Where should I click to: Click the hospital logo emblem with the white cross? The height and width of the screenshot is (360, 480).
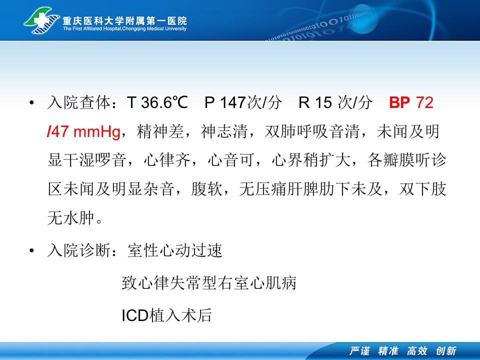click(x=41, y=21)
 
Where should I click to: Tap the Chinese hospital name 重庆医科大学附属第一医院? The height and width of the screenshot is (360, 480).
click(x=124, y=20)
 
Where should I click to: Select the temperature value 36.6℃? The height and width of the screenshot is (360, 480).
click(x=164, y=102)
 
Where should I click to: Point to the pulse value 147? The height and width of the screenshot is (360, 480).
click(x=233, y=102)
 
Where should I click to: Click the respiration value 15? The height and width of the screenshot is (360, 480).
click(x=323, y=102)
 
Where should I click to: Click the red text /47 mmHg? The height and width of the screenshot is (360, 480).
click(x=83, y=131)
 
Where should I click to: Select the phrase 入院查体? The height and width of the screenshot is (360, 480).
click(x=79, y=102)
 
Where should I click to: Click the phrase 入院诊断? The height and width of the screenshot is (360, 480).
click(x=79, y=250)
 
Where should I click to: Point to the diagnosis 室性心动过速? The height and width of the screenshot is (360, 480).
click(x=175, y=250)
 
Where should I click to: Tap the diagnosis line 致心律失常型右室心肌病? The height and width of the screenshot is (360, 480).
click(x=209, y=282)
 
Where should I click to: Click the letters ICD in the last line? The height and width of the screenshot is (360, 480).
click(x=135, y=315)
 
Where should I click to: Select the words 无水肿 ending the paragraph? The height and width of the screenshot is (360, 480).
click(x=70, y=218)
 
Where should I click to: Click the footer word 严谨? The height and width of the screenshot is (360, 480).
click(x=359, y=351)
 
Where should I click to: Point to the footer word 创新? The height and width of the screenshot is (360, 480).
click(x=446, y=351)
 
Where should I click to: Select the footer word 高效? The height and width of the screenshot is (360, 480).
click(x=417, y=351)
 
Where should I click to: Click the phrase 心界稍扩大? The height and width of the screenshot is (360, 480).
click(x=311, y=160)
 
